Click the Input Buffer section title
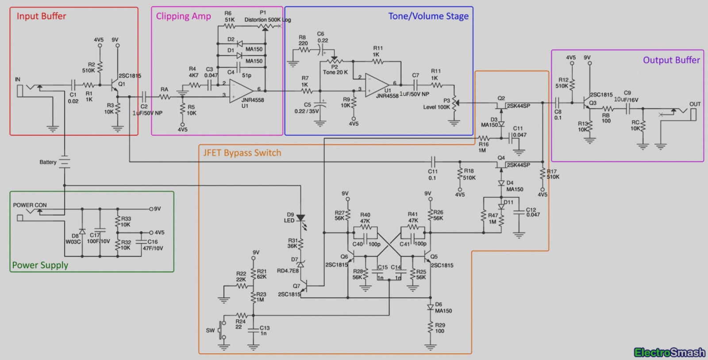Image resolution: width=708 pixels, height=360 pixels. [41, 16]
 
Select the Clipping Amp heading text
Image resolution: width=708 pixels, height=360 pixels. [183, 16]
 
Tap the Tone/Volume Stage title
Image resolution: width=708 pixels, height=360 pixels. [428, 16]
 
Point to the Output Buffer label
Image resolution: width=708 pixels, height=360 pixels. [671, 60]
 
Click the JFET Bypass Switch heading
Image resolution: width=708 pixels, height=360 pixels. [242, 153]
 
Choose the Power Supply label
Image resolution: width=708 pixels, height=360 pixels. [40, 265]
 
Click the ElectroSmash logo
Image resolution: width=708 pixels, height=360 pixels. [669, 352]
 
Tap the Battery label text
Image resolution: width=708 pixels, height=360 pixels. [48, 162]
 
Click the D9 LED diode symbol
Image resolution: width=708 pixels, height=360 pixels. [301, 218]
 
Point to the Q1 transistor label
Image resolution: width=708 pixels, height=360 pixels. [122, 84]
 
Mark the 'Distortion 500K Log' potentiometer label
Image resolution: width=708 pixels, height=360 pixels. [267, 20]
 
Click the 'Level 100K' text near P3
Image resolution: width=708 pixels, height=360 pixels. [436, 107]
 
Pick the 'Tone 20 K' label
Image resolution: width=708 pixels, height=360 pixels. [335, 72]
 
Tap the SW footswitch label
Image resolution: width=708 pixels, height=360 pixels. [210, 330]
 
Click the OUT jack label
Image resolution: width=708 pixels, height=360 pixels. [695, 105]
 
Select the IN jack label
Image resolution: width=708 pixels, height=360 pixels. [18, 80]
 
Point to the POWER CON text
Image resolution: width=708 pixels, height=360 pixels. [30, 205]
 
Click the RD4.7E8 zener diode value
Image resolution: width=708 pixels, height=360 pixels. [288, 271]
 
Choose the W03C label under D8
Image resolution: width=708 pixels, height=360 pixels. [73, 242]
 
